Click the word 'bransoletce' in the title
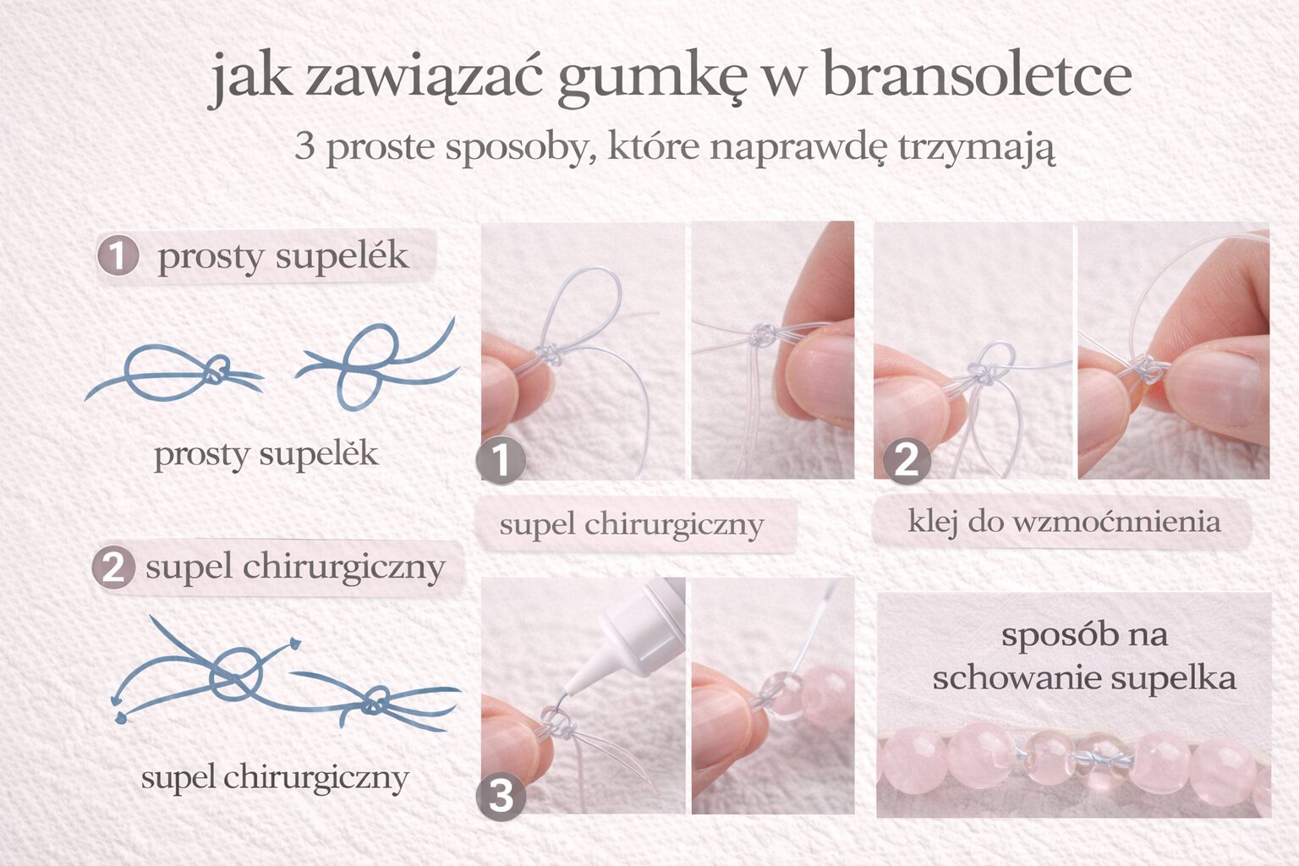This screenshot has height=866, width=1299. point(976,76)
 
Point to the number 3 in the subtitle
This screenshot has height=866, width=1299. point(304,146)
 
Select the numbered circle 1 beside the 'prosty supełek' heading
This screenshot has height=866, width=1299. point(118,255)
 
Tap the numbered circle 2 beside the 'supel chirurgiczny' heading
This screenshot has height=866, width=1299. point(113,567)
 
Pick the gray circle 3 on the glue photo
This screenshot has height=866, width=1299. point(501,796)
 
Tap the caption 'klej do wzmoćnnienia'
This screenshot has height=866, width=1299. point(1064,522)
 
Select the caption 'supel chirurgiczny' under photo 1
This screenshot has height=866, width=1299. point(632,524)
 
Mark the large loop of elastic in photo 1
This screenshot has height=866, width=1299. point(584,304)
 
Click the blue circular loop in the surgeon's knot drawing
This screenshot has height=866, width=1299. point(236,672)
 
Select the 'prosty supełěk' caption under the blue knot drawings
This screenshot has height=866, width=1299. point(266,454)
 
